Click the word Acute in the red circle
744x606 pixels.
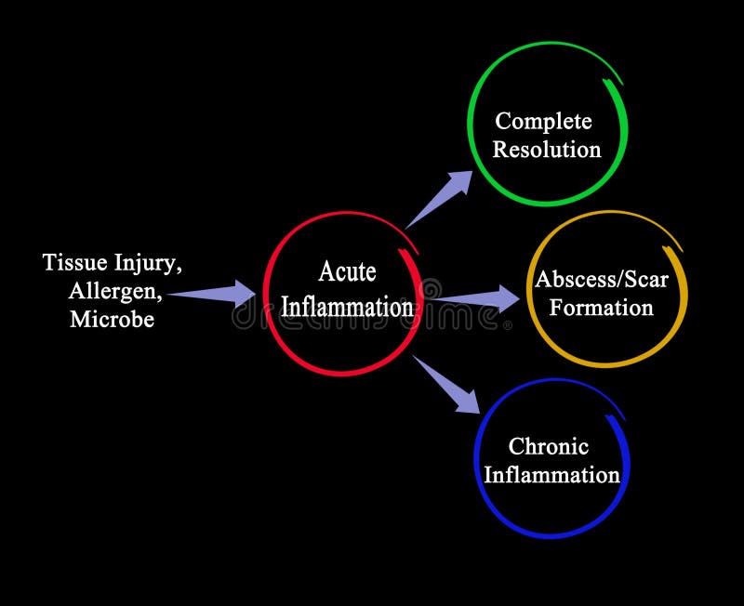(347, 272)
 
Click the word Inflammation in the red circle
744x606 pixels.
(347, 307)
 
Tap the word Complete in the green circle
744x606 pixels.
(543, 121)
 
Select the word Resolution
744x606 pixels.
(546, 150)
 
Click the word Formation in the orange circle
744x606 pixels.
(601, 308)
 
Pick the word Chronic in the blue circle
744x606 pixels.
(548, 447)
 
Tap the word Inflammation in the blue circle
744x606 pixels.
(551, 476)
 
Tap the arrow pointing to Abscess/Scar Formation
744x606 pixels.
(479, 298)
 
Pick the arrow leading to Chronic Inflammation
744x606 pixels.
(448, 382)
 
